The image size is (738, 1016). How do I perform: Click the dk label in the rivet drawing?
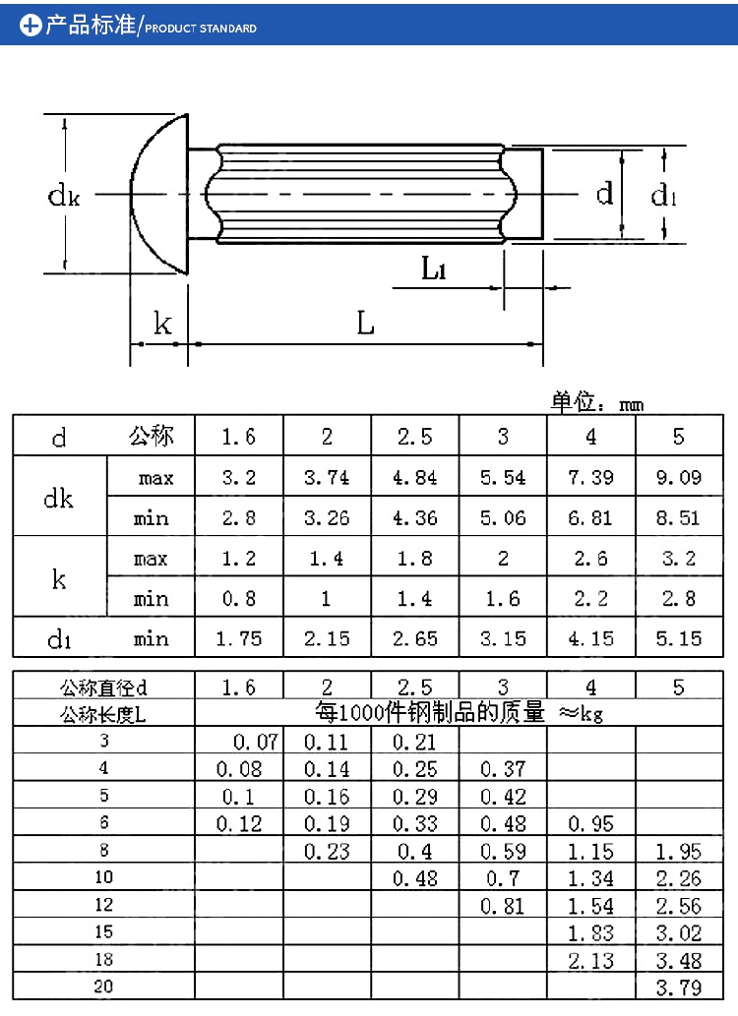[x=64, y=196]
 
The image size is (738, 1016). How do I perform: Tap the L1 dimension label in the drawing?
[x=434, y=268]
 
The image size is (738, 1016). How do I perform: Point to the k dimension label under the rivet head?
[x=162, y=324]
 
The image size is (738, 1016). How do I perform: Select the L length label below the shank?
[x=365, y=323]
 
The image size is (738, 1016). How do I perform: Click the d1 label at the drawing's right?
[x=664, y=196]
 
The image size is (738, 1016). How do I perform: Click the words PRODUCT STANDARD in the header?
[x=201, y=29]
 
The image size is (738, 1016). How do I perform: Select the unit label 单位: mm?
[x=597, y=402]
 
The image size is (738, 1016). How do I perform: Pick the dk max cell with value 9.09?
[x=678, y=478]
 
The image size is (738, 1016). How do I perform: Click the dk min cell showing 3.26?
[x=327, y=518]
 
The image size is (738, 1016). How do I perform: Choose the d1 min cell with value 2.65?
[x=414, y=639]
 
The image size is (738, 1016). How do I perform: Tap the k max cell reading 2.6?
[x=590, y=559]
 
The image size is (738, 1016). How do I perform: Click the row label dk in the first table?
[x=59, y=498]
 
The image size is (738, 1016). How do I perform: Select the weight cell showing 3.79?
[x=678, y=986]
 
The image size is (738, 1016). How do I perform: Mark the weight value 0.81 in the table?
[x=503, y=905]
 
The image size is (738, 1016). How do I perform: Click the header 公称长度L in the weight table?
[x=103, y=714]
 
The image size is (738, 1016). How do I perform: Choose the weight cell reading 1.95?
[x=678, y=851]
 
